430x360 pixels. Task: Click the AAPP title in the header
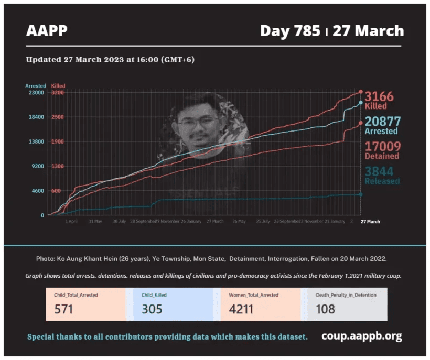47,31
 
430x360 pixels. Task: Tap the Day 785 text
290,31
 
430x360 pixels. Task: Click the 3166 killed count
379,96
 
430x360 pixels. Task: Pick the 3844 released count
379,171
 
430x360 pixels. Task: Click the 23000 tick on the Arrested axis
36,93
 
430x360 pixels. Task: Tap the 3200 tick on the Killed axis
58,93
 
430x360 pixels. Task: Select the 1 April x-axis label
72,222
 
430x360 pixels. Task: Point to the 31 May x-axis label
95,222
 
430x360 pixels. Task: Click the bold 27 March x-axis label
370,222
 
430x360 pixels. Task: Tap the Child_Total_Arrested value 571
63,309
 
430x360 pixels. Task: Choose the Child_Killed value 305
152,309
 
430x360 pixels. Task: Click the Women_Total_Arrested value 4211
241,309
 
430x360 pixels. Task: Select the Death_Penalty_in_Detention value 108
325,309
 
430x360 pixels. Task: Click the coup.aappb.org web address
361,336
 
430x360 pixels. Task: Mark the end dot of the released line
361,194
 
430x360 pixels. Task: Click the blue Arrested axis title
36,86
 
